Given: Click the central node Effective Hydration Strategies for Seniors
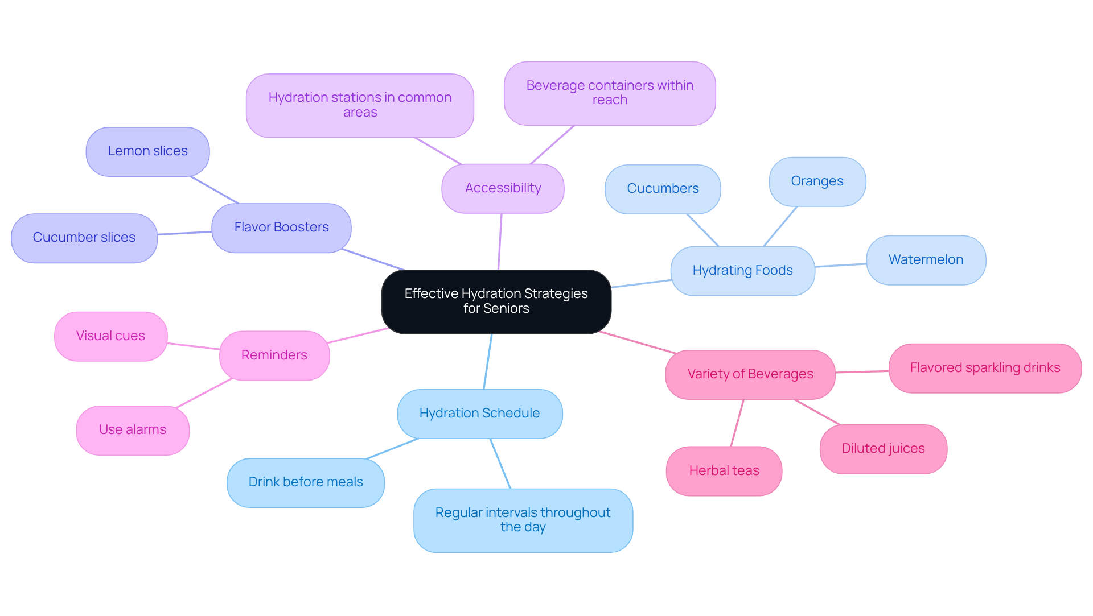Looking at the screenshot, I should tap(496, 301).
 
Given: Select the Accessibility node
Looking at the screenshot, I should tap(503, 188).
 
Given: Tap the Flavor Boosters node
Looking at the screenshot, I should tap(281, 228).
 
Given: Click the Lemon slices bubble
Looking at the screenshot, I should tap(147, 151).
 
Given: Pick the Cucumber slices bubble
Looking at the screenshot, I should tap(84, 238).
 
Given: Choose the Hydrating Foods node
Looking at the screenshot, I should tap(742, 271).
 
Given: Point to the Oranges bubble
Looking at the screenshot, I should tap(817, 181).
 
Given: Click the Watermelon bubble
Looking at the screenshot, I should tap(926, 260).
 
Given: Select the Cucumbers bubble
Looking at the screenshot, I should tap(663, 189).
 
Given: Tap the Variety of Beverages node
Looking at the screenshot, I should tap(750, 374).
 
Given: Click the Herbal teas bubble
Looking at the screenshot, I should tap(724, 471).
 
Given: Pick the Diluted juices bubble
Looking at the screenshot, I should tap(883, 449).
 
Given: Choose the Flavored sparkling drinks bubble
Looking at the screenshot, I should tap(985, 368).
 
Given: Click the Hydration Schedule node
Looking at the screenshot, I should tap(479, 414).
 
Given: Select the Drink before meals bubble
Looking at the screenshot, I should tap(306, 482).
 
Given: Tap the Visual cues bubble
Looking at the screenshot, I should tap(110, 336).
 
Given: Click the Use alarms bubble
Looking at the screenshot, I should tap(133, 430).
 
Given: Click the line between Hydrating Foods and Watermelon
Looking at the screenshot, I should tap(841, 265).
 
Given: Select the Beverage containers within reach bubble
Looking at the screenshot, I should tap(610, 93).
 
